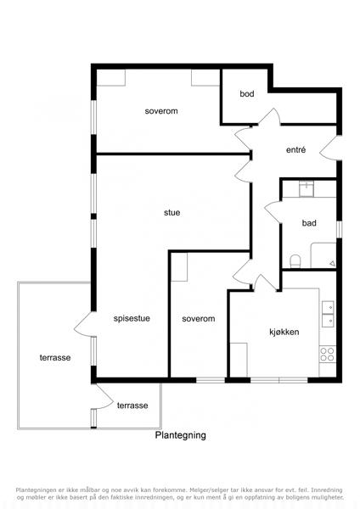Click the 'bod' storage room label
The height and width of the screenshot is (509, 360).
click(247, 94)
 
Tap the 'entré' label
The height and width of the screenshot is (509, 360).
click(295, 150)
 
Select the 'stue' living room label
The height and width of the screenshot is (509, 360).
click(172, 213)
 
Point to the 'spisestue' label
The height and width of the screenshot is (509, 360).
click(132, 318)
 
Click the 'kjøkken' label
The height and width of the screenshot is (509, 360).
click(284, 332)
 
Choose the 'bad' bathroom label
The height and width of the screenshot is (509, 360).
click(309, 223)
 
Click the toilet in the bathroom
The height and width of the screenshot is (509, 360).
click(295, 261)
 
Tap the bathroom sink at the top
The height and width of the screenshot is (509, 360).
click(307, 189)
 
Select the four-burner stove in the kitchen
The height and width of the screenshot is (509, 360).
click(327, 355)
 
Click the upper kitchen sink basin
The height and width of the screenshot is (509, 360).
click(328, 307)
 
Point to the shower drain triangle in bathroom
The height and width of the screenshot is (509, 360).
click(332, 264)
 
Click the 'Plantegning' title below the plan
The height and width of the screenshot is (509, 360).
click(180, 435)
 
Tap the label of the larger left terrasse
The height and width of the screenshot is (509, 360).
click(55, 358)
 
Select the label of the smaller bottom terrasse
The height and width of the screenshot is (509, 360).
click(132, 406)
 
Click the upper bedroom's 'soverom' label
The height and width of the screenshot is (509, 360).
click(161, 111)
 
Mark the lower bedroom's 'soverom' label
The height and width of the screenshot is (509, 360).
click(198, 319)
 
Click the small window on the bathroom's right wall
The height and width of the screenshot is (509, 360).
click(340, 229)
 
